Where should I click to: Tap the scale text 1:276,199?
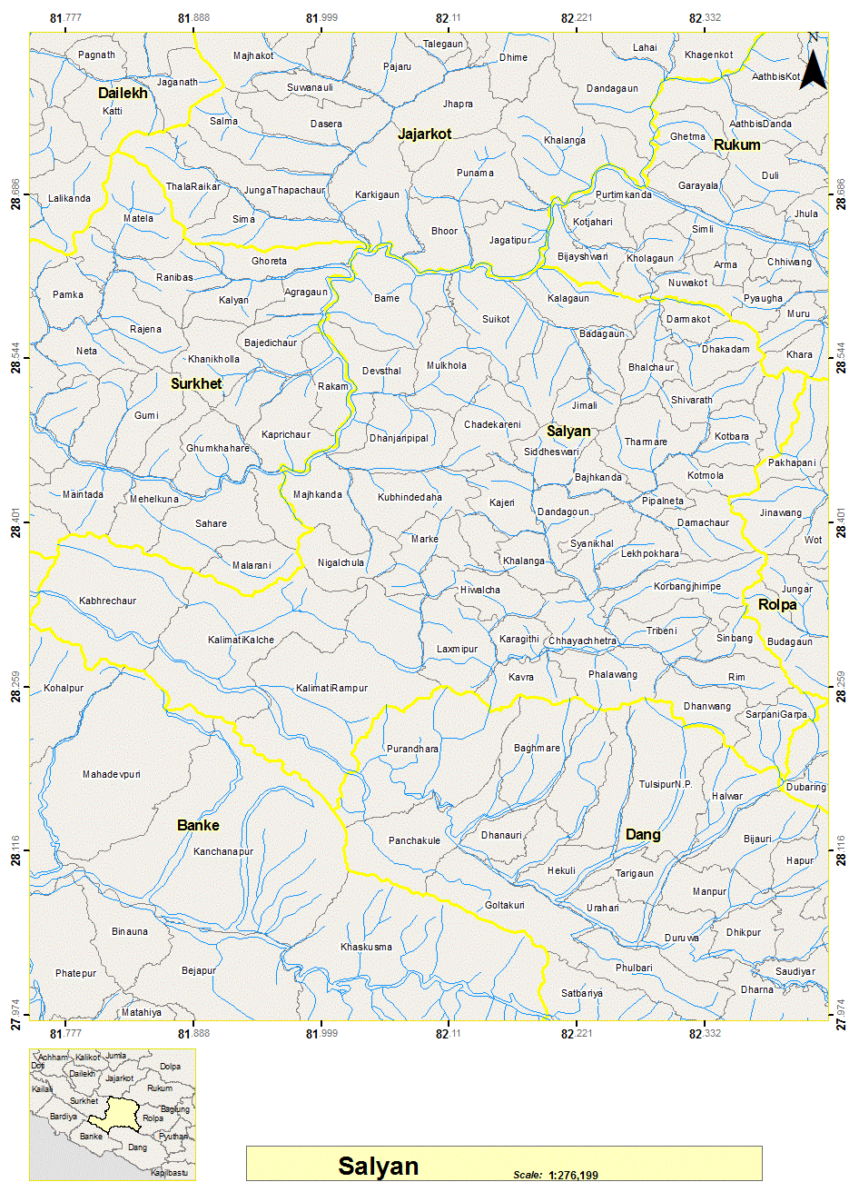573,1175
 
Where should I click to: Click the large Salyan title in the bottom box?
378,1166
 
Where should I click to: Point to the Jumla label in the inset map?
115,1056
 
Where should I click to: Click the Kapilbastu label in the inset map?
169,1172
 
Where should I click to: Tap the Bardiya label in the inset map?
64,1117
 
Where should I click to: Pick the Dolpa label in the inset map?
170,1067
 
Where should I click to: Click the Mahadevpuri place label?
112,775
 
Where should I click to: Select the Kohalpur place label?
64,688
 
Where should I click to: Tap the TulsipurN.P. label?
665,784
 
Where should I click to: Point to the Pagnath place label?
96,55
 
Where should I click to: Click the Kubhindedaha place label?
410,497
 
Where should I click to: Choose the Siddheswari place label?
551,452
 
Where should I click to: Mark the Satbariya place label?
581,993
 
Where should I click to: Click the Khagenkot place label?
708,55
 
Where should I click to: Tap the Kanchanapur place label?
222,851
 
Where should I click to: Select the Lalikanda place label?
69,198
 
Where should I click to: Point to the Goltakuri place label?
504,905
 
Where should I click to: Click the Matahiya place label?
141,1012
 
